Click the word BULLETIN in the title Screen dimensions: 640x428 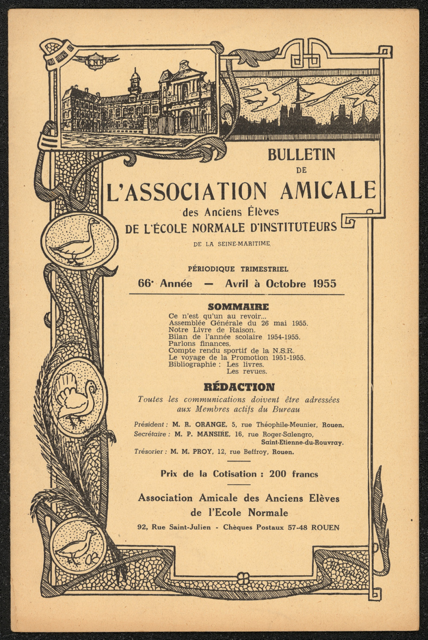(x=301, y=155)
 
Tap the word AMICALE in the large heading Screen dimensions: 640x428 (x=328, y=191)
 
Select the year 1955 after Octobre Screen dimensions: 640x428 (x=324, y=284)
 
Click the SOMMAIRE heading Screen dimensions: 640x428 (x=238, y=307)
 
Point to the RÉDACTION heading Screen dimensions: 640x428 (x=239, y=387)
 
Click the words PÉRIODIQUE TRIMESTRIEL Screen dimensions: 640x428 (x=238, y=269)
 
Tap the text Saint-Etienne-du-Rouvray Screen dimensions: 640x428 (x=302, y=443)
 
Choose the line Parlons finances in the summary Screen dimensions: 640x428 (x=199, y=344)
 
